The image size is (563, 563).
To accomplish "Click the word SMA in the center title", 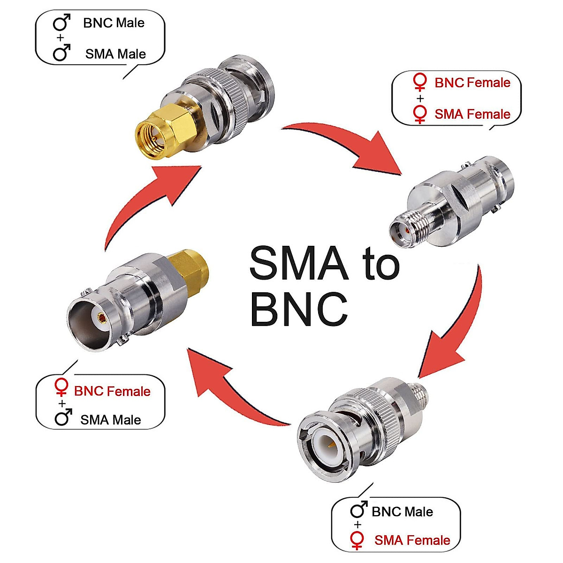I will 299,263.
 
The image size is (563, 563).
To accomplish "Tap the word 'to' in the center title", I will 380,264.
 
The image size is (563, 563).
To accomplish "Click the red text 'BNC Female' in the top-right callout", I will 472,83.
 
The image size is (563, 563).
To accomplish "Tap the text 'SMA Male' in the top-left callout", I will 115,54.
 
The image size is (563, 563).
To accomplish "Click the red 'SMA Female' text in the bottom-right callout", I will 412,540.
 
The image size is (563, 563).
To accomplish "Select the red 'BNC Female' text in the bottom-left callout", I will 112,391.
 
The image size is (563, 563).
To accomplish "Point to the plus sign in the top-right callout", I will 420,99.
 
